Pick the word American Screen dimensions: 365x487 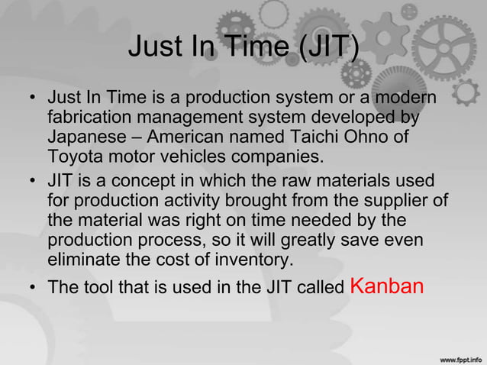(x=184, y=138)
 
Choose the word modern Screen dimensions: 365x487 (x=405, y=99)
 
